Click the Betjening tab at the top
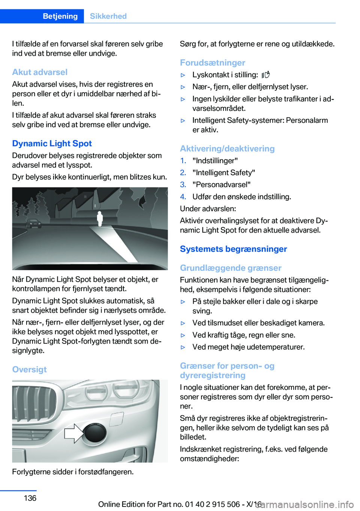tap(60, 16)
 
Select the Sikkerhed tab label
tap(108, 16)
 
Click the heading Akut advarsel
tap(40, 72)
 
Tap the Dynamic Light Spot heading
tap(52, 143)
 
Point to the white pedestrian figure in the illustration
tap(100, 218)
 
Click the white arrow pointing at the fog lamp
tap(74, 433)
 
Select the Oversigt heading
tap(29, 370)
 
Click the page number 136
tap(30, 498)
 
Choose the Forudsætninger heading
tap(212, 63)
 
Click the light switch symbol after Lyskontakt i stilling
tap(265, 75)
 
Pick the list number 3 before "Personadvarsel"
tap(183, 185)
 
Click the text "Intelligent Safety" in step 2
tap(223, 173)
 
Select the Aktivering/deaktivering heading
tap(227, 149)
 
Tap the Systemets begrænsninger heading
tap(233, 249)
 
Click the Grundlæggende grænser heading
tap(230, 268)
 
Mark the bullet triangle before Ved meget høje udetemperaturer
tap(183, 347)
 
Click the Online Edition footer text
tap(180, 504)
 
